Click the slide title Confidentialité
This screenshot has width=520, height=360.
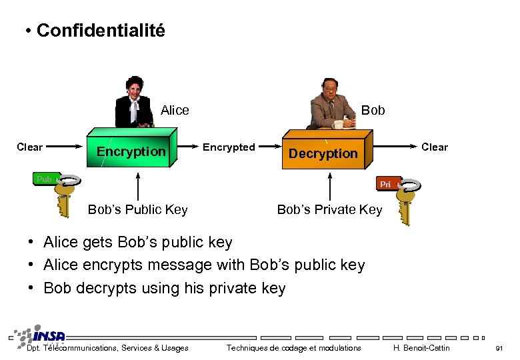tap(101, 31)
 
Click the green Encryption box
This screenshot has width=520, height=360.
tap(131, 151)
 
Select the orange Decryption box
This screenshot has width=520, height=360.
tap(323, 153)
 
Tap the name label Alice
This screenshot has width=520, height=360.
tap(175, 110)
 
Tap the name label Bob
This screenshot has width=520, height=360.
tap(373, 110)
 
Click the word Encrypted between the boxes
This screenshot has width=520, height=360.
tap(228, 147)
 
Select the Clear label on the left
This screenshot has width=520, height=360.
tap(29, 147)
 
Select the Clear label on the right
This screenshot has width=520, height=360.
tap(435, 147)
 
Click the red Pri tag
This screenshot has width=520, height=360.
tap(386, 184)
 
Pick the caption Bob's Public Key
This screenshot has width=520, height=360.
tap(137, 210)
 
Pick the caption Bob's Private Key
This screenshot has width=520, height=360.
tap(329, 210)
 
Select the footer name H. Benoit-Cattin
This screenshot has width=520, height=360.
tap(421, 348)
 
